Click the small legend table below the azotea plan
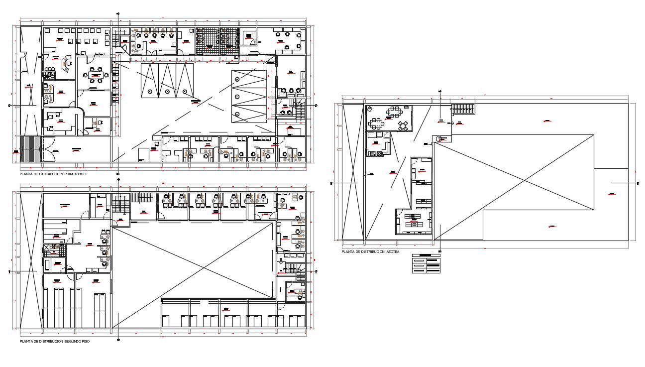(x=427, y=264)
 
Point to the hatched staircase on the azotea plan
(x=463, y=110)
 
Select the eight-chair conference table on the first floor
(x=95, y=76)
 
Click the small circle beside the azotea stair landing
(x=440, y=139)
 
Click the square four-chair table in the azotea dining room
(x=403, y=125)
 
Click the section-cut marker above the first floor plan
(x=117, y=13)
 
